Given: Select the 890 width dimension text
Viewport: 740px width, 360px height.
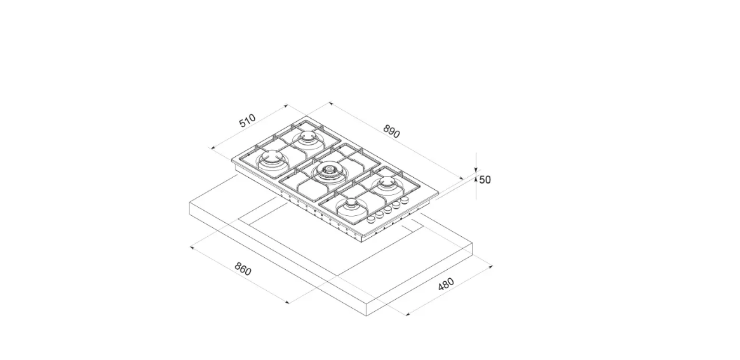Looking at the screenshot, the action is (392, 131).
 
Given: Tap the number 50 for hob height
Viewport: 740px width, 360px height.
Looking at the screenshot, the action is (485, 180).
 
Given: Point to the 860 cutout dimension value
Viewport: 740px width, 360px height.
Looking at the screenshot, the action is (243, 269).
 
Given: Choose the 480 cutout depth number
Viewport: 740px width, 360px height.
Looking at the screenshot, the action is (446, 284).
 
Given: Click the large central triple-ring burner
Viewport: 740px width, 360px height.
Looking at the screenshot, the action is (327, 171).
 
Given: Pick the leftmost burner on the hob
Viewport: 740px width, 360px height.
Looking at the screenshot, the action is (272, 157).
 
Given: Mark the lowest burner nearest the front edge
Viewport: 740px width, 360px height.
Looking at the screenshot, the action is (352, 206).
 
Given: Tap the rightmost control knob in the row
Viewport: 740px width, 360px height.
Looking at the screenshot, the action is (405, 200).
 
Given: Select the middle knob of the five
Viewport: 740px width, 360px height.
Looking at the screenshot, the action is (387, 210).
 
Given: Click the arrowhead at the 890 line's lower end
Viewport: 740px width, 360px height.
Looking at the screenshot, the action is (462, 178).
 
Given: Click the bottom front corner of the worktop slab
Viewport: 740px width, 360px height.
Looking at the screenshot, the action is (367, 316).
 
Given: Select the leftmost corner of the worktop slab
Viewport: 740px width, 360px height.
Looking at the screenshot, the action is (189, 203).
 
